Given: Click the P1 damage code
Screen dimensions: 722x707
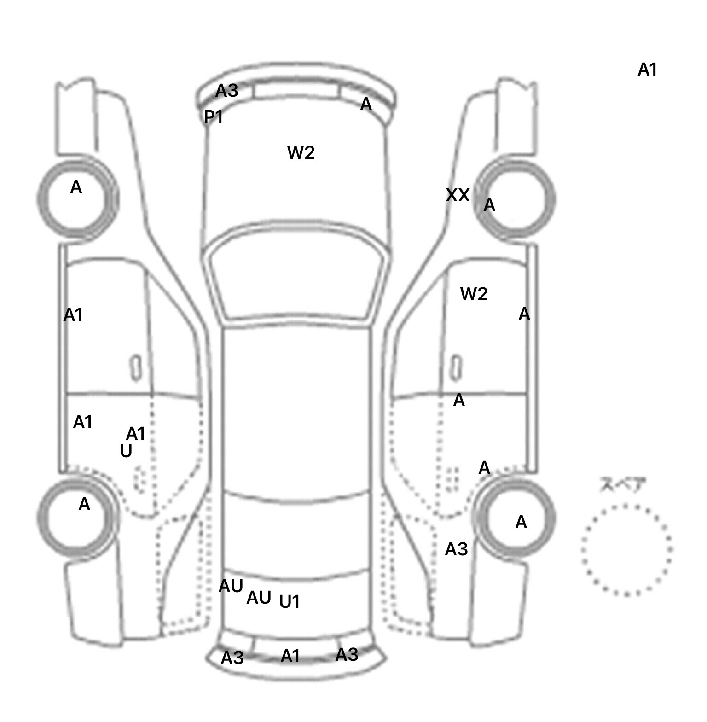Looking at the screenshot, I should pyautogui.click(x=214, y=117).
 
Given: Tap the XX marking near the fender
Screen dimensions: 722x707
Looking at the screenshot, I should pyautogui.click(x=458, y=196).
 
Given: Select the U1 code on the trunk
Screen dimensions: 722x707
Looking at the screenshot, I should pyautogui.click(x=290, y=602).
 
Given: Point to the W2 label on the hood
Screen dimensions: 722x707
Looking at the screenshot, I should pyautogui.click(x=301, y=152).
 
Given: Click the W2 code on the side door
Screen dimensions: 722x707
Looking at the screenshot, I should pyautogui.click(x=474, y=294).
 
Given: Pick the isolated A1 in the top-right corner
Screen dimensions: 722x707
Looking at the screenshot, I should pyautogui.click(x=647, y=70).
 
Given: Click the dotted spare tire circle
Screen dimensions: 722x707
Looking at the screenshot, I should pyautogui.click(x=626, y=550).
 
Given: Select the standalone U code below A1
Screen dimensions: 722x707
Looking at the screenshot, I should pyautogui.click(x=126, y=452).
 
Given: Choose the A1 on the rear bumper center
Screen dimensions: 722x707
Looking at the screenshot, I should pyautogui.click(x=290, y=656).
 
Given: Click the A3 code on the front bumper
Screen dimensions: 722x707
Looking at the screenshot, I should pyautogui.click(x=227, y=91).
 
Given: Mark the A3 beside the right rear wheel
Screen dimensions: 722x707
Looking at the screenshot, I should pyautogui.click(x=456, y=549).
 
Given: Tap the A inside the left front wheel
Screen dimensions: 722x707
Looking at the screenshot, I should pyautogui.click(x=76, y=187).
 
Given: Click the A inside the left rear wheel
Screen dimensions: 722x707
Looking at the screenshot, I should pyautogui.click(x=84, y=505).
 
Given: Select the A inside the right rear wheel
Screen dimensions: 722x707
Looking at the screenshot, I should pyautogui.click(x=521, y=523).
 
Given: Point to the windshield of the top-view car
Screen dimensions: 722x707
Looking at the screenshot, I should pyautogui.click(x=297, y=281).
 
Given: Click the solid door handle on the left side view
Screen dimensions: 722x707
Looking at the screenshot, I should pyautogui.click(x=136, y=368).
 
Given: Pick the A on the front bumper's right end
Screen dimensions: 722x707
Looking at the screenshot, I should pyautogui.click(x=366, y=105).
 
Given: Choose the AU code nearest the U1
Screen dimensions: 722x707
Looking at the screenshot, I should pyautogui.click(x=259, y=598).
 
